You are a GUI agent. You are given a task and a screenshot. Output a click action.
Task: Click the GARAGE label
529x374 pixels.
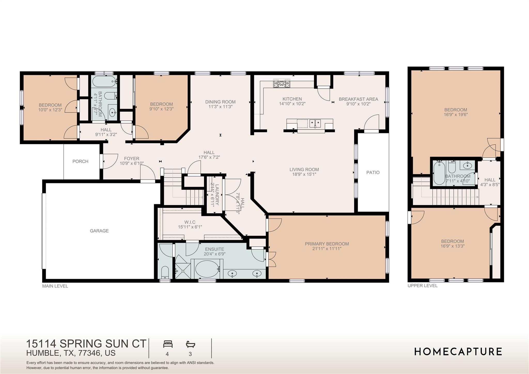tap(99, 231)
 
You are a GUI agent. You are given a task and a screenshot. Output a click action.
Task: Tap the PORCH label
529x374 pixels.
tap(80, 161)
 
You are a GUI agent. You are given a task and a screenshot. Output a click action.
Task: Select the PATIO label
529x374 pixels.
tap(373, 172)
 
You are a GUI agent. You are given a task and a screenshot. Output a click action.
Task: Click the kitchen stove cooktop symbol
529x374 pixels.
tap(282, 83)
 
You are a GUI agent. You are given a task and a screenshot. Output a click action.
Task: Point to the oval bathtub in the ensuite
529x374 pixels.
tap(206, 269)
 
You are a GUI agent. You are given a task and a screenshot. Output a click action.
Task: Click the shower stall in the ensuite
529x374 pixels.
tap(183, 271)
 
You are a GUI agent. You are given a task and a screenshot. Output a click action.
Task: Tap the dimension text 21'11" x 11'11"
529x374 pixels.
tap(327, 249)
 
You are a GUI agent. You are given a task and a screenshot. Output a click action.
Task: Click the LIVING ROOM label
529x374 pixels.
tap(304, 170)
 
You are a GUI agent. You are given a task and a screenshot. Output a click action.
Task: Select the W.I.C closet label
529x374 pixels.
tap(190, 222)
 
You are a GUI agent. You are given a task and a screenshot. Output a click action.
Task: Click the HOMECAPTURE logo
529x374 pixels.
tap(458, 352)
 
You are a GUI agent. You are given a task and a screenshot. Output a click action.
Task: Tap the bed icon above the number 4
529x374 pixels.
tap(168, 344)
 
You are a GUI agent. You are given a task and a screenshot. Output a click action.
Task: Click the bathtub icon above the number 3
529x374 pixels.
tap(190, 344)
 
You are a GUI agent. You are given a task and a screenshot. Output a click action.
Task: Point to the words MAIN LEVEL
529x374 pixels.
tap(55, 286)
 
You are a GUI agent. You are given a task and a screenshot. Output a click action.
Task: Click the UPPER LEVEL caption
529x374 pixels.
tap(423, 286)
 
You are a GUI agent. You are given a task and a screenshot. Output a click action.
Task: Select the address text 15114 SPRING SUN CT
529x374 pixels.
tap(86, 344)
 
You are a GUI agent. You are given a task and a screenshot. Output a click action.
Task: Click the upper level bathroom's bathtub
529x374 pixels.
tap(439, 173)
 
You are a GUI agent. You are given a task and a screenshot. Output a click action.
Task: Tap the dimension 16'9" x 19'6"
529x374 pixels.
tap(456, 115)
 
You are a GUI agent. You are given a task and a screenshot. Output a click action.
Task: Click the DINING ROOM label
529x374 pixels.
tap(220, 102)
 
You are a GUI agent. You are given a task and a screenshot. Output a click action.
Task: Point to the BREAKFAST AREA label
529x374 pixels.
tap(358, 99)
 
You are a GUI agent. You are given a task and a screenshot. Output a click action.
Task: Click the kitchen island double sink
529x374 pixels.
tap(315, 123)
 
